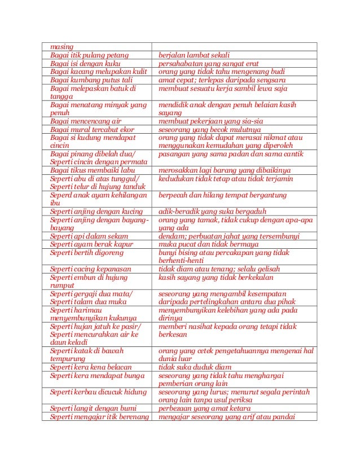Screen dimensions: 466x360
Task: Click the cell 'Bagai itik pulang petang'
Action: pyautogui.click(x=89, y=55)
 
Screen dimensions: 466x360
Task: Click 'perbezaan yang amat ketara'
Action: pyautogui.click(x=209, y=408)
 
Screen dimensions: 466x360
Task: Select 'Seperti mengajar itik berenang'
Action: pyautogui.click(x=99, y=417)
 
